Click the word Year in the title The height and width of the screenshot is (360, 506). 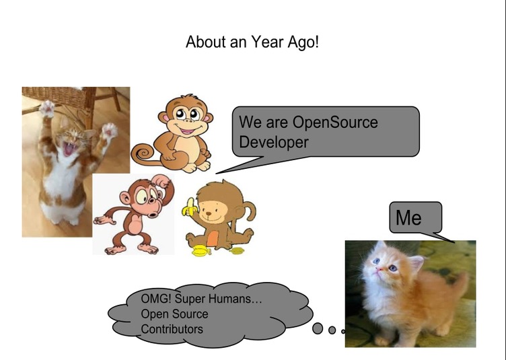pos(267,42)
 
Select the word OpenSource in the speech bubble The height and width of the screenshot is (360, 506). pos(335,122)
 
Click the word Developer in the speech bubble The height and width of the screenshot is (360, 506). pos(274,142)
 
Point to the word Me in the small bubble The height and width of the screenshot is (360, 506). pos(408,217)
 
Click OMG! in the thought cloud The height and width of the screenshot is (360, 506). pos(156,298)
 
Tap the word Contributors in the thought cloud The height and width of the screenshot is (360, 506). pos(172,329)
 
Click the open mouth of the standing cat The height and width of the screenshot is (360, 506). pos(69,148)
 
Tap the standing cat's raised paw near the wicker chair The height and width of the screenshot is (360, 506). pos(47,108)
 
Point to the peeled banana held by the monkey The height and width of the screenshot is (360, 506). pos(190,207)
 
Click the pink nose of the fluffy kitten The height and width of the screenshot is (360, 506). pos(379,268)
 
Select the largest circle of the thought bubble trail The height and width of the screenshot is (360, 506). pos(318,328)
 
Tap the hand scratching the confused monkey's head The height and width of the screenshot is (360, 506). pos(161,180)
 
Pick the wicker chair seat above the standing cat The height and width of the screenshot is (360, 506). pos(55,97)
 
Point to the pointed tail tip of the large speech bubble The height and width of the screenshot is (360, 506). pos(217,173)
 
